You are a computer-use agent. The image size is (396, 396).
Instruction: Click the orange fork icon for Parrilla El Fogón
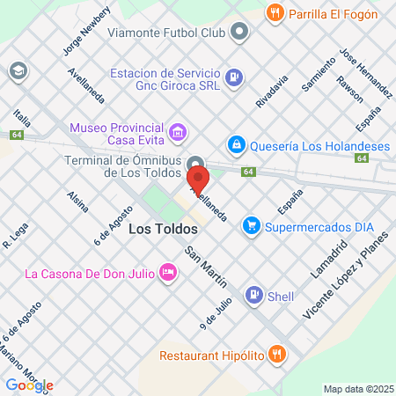275,13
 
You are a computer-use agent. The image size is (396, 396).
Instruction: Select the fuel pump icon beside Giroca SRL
233,76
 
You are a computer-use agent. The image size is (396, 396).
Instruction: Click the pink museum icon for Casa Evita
179,133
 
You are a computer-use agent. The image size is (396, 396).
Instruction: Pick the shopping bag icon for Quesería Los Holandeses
236,143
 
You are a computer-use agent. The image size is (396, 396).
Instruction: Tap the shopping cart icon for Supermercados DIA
253,226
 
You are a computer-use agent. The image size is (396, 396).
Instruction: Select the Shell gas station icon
253,296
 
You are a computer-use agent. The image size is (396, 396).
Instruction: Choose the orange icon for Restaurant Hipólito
278,356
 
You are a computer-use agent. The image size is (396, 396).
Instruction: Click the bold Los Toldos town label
163,228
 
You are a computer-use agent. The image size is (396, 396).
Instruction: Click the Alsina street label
78,202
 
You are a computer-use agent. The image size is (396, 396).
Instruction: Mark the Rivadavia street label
272,92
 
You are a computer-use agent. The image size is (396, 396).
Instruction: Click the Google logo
29,385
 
